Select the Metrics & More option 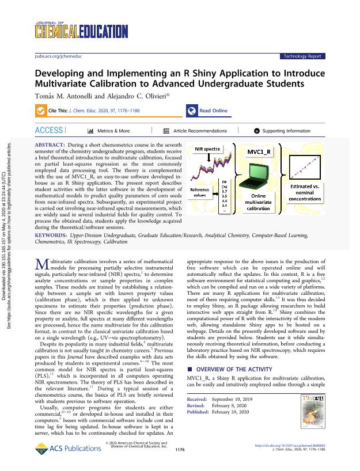pyautogui.click(x=109, y=131)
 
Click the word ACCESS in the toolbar pyautogui.click(x=48, y=131)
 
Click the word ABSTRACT pyautogui.click(x=51, y=142)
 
